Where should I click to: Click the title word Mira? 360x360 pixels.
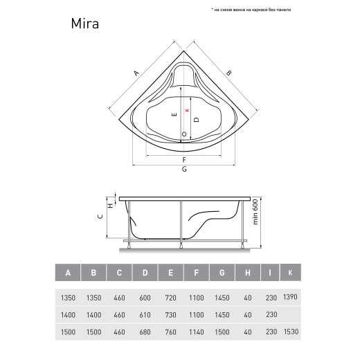coord(85,24)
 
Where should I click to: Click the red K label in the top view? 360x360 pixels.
coord(188,110)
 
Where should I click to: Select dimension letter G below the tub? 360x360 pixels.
coord(184,169)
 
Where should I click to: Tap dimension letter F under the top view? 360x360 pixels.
coord(184,160)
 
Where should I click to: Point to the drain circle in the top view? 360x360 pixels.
coord(184,134)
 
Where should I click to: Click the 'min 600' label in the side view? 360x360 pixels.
coord(255,212)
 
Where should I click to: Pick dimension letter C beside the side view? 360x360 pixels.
coord(100,217)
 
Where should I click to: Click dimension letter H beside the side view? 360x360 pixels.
coord(111,205)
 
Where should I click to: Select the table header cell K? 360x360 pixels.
coord(290,273)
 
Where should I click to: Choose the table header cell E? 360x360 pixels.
coord(170,273)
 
